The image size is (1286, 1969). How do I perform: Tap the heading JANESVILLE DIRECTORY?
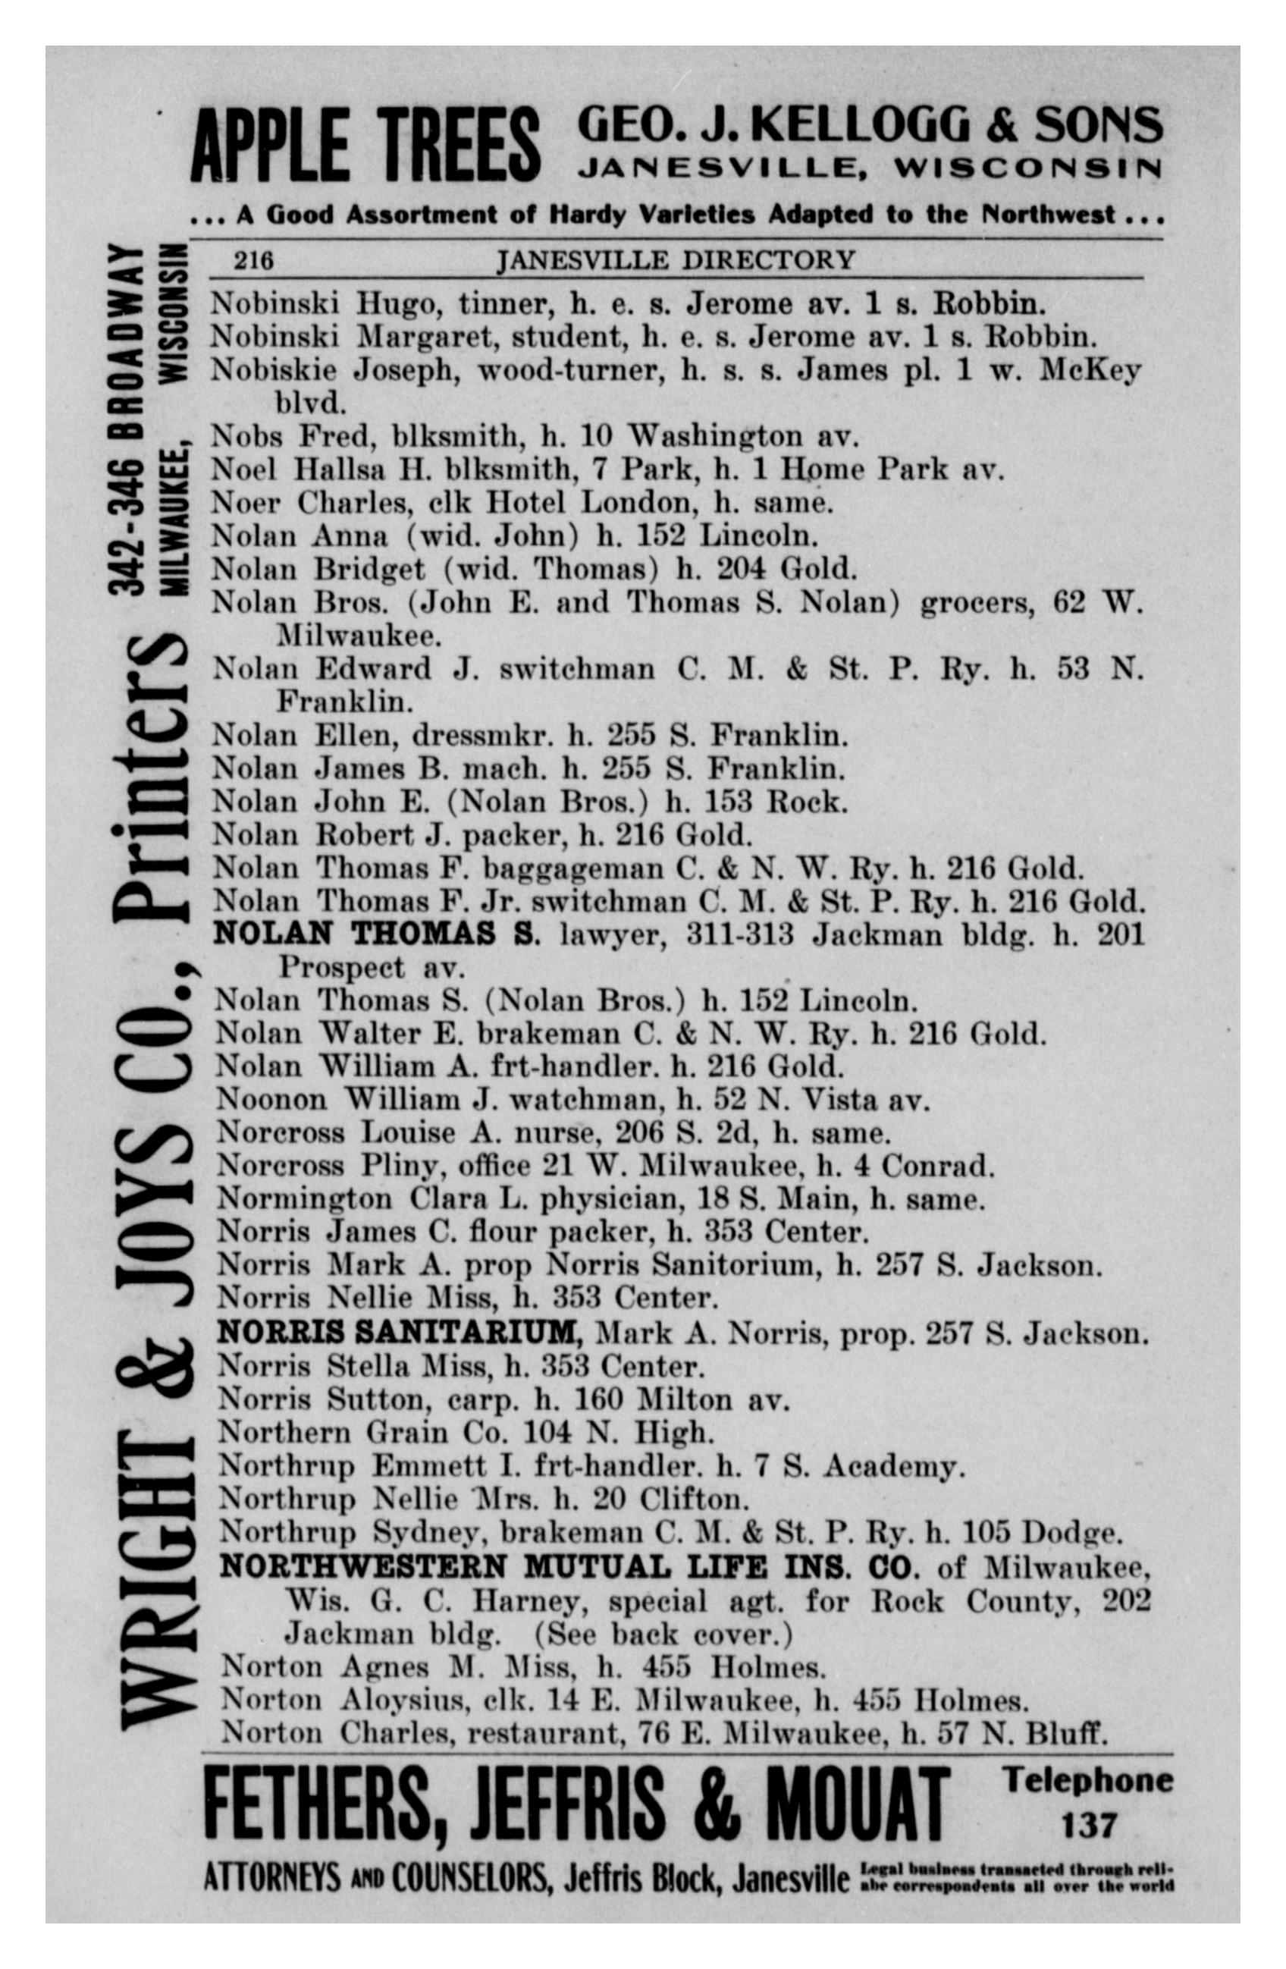pos(674,261)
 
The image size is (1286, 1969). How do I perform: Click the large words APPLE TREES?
pos(365,146)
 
